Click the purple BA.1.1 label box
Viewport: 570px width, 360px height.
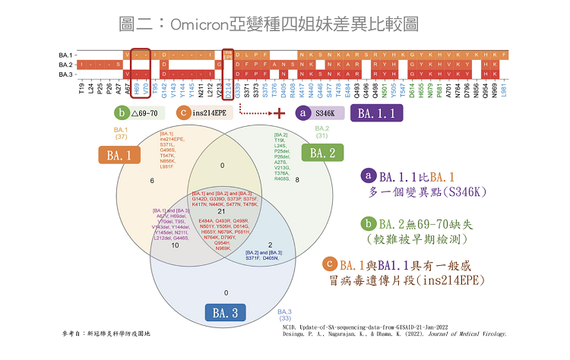(376, 114)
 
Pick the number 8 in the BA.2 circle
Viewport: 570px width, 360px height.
(296, 180)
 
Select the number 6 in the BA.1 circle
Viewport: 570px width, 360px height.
(153, 180)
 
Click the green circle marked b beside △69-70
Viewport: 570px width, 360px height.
(121, 113)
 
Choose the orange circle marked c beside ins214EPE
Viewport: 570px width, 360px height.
(183, 113)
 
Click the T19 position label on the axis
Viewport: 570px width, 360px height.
(81, 90)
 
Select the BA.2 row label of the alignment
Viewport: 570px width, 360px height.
(65, 65)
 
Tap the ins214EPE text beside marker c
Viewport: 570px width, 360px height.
(210, 113)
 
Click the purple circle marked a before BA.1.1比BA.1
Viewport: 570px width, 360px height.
(369, 175)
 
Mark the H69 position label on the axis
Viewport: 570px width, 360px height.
(136, 90)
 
